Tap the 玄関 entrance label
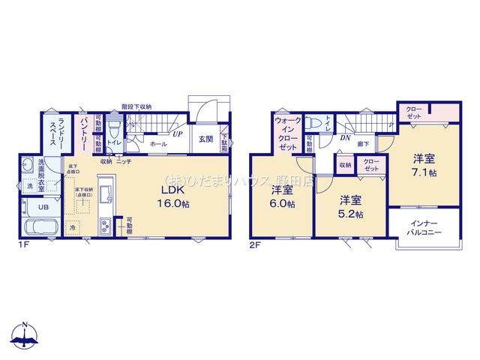[205, 139]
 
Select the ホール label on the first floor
[157, 142]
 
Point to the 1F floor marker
[25, 242]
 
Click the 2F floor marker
[255, 242]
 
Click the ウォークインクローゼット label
[288, 133]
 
